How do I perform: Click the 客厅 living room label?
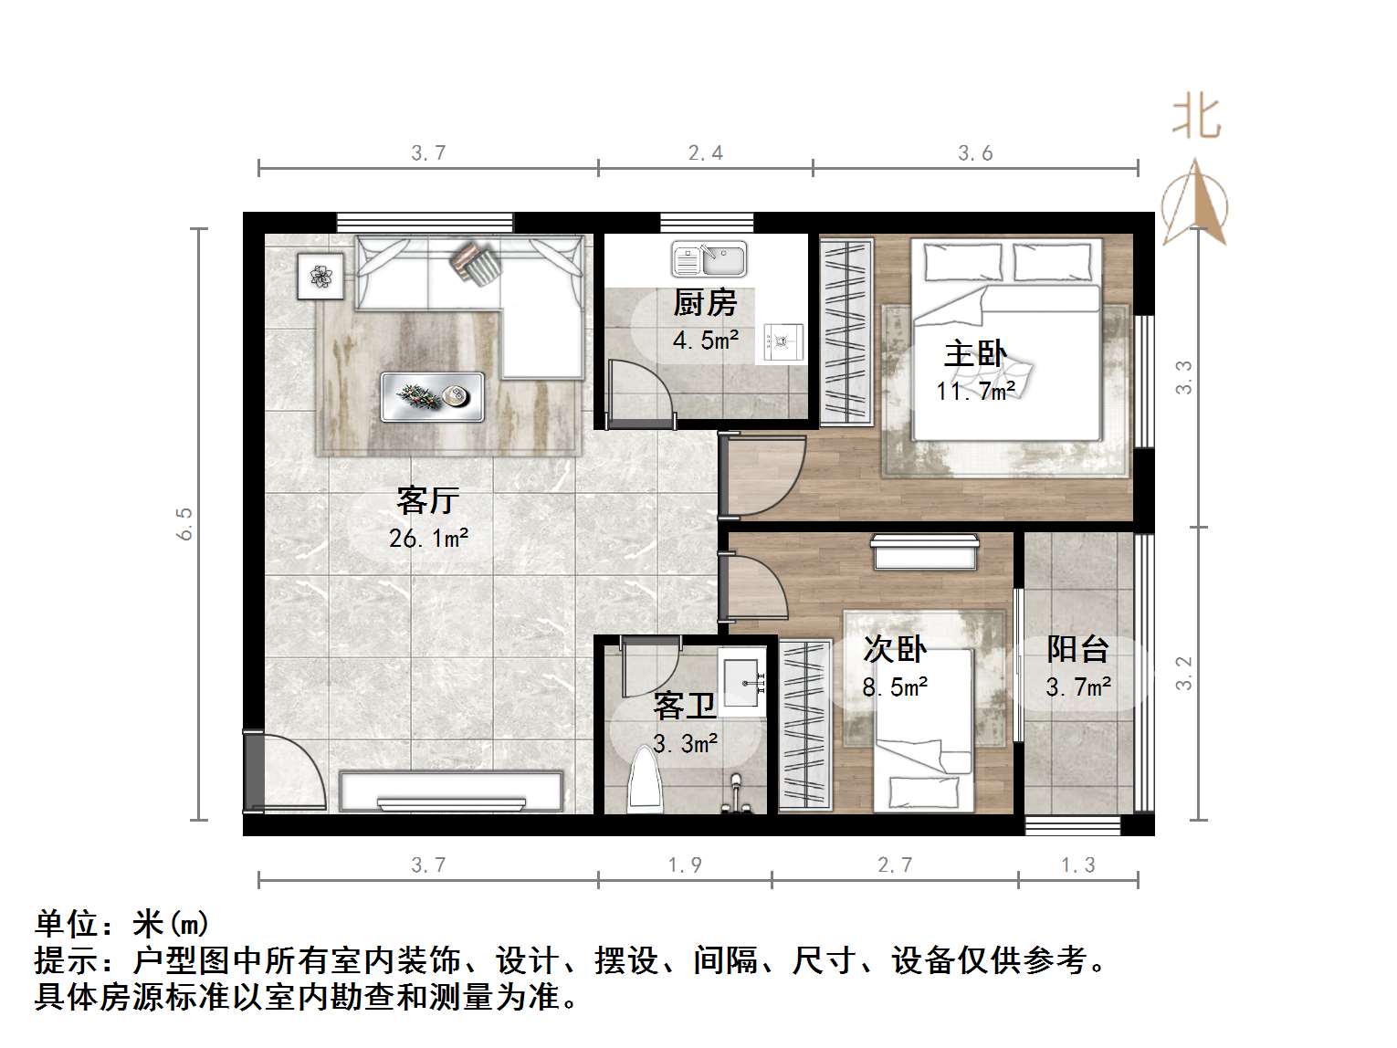click(x=426, y=501)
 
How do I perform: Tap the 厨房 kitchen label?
click(x=705, y=303)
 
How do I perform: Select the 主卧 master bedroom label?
click(x=975, y=354)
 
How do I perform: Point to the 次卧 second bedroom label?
click(x=895, y=649)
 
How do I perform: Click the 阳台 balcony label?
click(x=1078, y=649)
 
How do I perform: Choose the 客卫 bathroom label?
click(x=684, y=707)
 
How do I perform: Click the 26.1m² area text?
click(x=428, y=539)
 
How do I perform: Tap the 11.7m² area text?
click(x=975, y=391)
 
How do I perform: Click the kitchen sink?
click(x=709, y=259)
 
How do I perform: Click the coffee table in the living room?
click(x=432, y=396)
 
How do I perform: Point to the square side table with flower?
click(x=320, y=275)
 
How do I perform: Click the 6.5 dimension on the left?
click(x=185, y=523)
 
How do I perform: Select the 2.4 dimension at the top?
click(x=706, y=153)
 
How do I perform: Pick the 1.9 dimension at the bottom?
click(x=685, y=865)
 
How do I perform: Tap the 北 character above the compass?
click(x=1196, y=118)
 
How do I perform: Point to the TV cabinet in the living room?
click(x=451, y=791)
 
